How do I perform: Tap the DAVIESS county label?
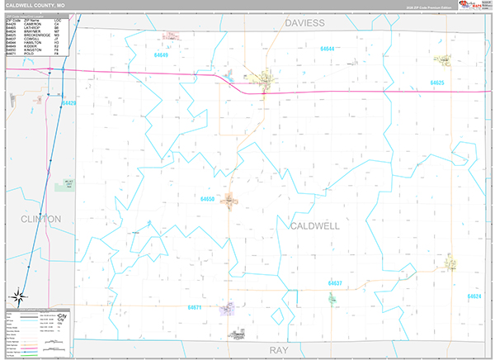click(x=304, y=23)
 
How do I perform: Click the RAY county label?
click(x=280, y=350)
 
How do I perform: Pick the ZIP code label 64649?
click(x=161, y=55)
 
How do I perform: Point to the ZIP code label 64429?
click(x=68, y=103)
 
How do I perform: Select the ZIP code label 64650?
click(x=207, y=199)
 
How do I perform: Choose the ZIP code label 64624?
click(x=474, y=296)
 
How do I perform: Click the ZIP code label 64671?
click(x=195, y=307)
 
